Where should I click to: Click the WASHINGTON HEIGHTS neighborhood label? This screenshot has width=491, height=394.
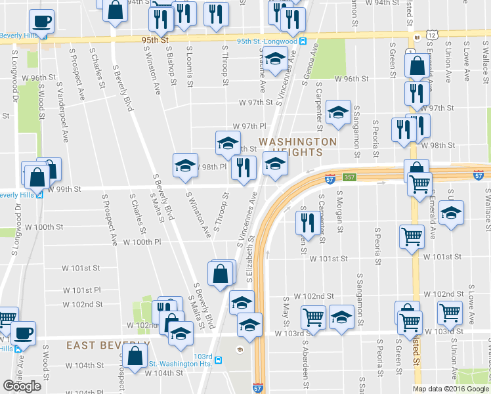(x=297, y=146)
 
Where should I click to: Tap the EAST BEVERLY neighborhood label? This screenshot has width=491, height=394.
(x=108, y=345)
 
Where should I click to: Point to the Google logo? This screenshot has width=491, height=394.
(x=22, y=385)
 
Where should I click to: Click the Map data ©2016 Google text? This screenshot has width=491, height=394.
(x=451, y=389)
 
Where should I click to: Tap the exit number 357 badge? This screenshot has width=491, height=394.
(x=351, y=177)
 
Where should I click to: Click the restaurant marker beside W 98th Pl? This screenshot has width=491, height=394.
(x=244, y=167)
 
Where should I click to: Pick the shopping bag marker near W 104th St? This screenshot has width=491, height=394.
(x=135, y=357)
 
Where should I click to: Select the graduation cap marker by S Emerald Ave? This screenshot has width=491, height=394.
(x=450, y=213)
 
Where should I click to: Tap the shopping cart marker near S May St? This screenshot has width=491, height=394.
(x=313, y=317)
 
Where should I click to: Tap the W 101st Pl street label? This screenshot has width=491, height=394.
(x=82, y=290)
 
